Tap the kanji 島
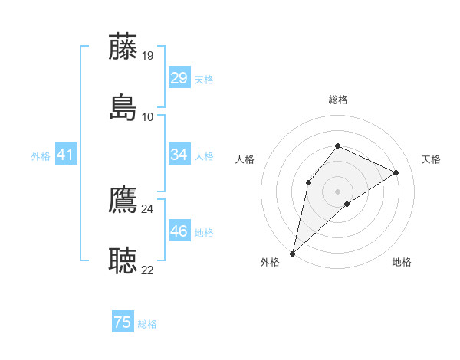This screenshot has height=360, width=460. (123, 107)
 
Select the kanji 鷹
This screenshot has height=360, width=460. (123, 199)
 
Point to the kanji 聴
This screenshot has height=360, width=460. (123, 260)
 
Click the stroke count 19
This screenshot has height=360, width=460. (148, 55)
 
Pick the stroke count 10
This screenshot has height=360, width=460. (148, 116)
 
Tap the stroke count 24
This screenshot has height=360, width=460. (148, 208)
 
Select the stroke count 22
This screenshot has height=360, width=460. (148, 270)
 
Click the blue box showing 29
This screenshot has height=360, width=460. (179, 78)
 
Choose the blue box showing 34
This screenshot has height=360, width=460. (179, 155)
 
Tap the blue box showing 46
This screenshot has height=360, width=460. (179, 231)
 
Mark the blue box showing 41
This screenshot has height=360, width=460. (66, 155)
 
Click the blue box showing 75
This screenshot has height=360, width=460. (123, 322)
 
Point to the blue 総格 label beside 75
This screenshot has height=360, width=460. (147, 324)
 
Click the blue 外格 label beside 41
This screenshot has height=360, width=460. (41, 156)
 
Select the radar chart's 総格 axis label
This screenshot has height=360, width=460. (337, 100)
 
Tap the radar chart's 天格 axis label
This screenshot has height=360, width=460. (431, 159)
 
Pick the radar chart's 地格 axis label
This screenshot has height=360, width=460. (402, 263)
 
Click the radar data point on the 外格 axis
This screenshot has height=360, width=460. (292, 254)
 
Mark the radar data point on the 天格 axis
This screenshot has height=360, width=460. (396, 172)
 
